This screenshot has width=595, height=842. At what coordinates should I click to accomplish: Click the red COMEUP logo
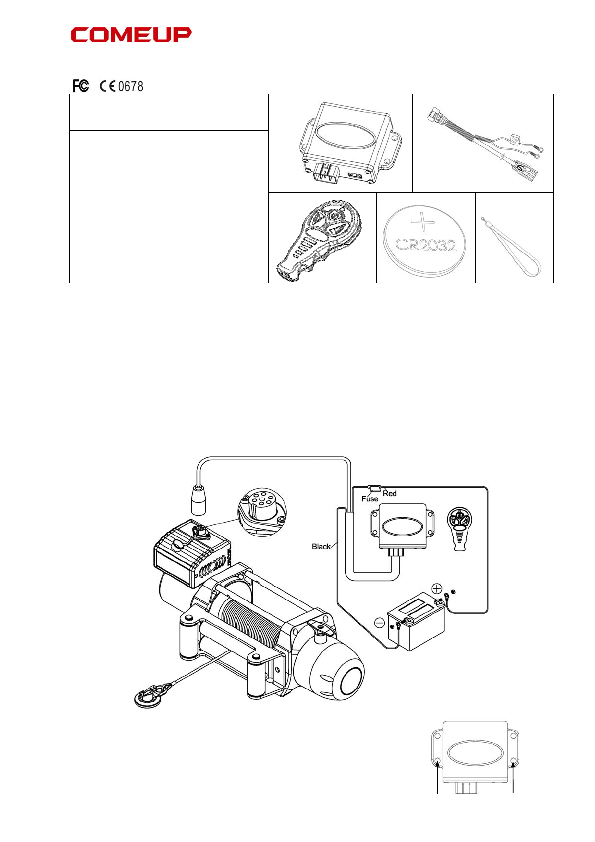(x=131, y=35)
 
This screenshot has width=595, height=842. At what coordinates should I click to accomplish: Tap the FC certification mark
(x=81, y=86)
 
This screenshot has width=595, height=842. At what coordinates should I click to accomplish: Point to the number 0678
(x=131, y=87)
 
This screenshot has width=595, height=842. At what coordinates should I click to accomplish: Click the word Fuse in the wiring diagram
(x=370, y=499)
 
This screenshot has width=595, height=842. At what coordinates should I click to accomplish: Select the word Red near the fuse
(x=390, y=494)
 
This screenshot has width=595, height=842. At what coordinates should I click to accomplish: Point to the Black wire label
(x=321, y=546)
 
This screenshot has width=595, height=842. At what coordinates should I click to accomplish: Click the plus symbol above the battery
(x=437, y=588)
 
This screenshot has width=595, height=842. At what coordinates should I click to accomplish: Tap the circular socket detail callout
(x=262, y=512)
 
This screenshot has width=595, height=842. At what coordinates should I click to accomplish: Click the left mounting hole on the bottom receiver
(x=438, y=763)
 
